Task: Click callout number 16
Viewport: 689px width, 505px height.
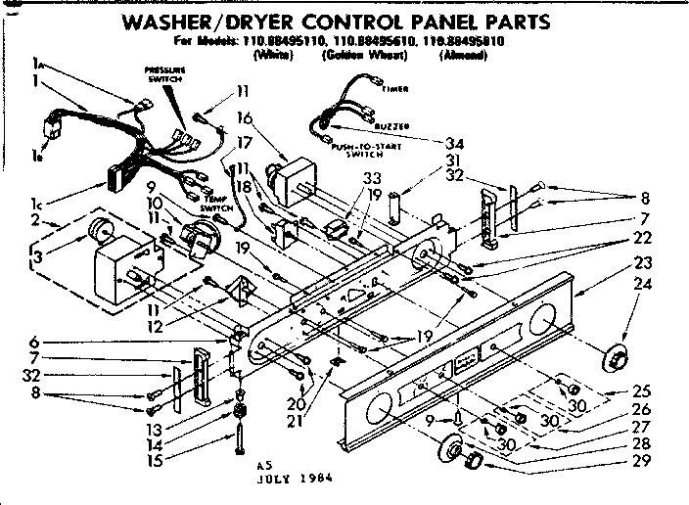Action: click(x=245, y=117)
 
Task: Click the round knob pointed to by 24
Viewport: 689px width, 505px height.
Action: click(x=616, y=358)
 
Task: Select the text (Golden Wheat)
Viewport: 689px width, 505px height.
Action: click(x=358, y=56)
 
